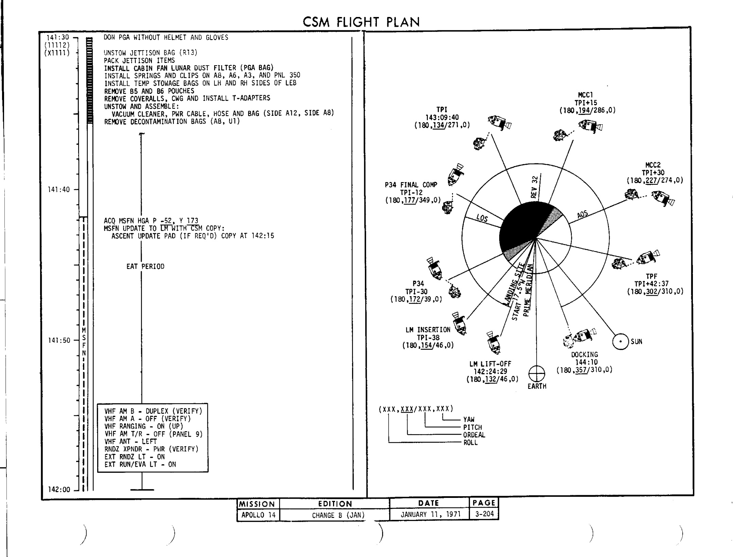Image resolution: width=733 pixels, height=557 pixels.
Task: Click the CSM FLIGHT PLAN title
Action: [361, 22]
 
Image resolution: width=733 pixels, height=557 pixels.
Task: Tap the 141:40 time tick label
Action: [58, 190]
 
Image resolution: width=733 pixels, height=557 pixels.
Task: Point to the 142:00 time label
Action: [59, 489]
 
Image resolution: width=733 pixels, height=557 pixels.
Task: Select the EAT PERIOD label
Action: [145, 267]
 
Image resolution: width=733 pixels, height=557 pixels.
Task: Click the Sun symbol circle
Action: [621, 342]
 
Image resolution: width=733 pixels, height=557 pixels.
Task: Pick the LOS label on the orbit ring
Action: [482, 218]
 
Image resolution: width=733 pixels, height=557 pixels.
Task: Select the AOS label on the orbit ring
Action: [582, 214]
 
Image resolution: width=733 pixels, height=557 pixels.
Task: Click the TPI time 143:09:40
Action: [442, 118]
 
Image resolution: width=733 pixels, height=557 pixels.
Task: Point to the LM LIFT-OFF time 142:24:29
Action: [490, 372]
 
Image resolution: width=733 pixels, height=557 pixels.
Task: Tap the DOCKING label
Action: [584, 355]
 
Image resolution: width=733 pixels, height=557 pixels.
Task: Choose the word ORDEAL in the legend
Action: [474, 435]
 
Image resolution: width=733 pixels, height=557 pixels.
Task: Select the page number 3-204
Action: [484, 514]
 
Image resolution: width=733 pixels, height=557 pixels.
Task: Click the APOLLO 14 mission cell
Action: [258, 515]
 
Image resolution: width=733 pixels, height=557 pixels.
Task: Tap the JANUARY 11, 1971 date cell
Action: [430, 515]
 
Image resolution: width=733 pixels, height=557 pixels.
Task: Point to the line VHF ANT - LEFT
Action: [130, 442]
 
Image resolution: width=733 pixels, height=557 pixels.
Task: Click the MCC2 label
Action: [652, 165]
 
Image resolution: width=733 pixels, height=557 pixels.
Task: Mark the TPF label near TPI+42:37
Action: [651, 276]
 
